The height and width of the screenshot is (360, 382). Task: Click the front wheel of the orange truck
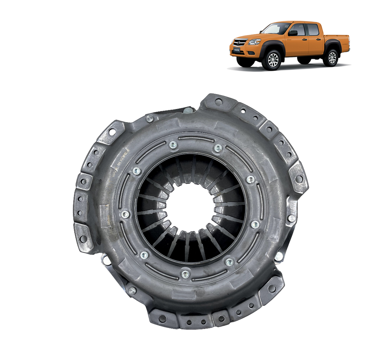[x=273, y=60]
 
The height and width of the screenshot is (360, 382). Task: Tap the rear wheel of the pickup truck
[x=332, y=57]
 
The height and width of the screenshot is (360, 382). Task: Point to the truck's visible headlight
[x=254, y=42]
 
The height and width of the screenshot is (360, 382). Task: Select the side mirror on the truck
[x=293, y=33]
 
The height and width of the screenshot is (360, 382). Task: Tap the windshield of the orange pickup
[x=276, y=29]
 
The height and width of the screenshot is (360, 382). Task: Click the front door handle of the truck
[x=304, y=39]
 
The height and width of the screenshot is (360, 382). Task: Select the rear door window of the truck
[x=313, y=29]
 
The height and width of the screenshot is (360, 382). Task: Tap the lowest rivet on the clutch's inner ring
[x=185, y=274]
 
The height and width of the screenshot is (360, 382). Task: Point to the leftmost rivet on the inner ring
[x=125, y=215]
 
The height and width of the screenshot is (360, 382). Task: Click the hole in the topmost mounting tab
[x=218, y=101]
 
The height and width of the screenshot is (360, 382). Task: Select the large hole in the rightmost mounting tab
[x=298, y=179]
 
